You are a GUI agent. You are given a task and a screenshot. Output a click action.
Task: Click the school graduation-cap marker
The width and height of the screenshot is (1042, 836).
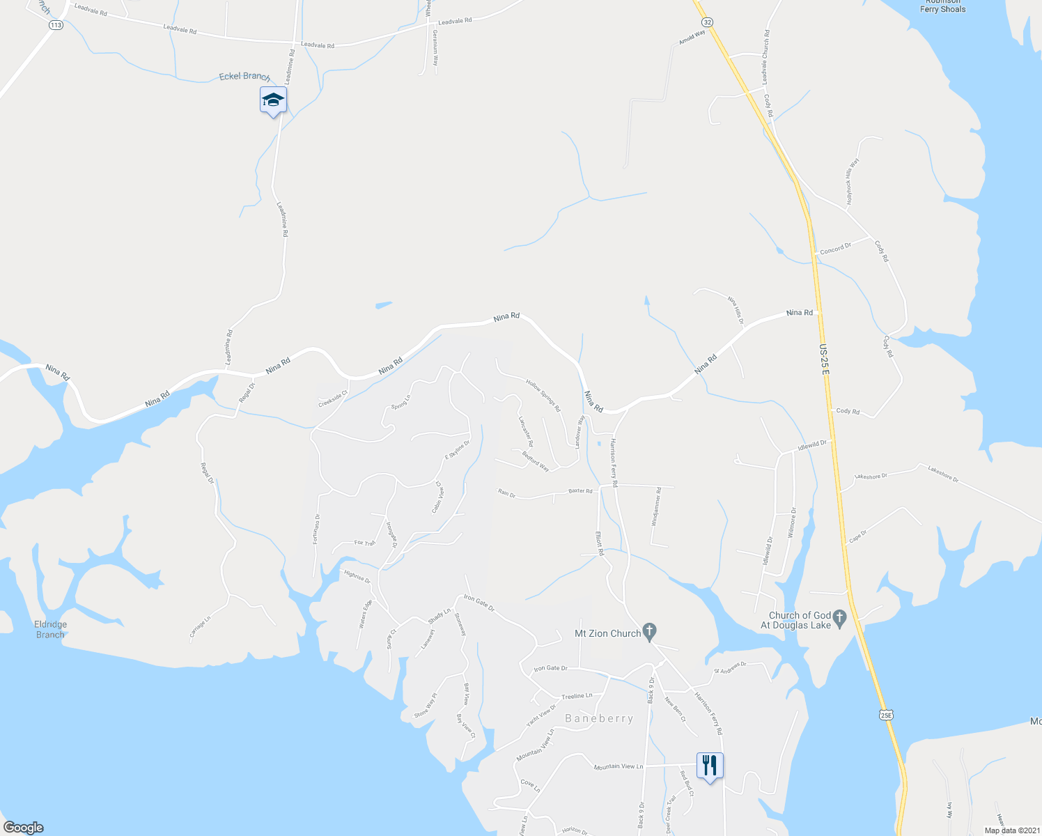coord(273,100)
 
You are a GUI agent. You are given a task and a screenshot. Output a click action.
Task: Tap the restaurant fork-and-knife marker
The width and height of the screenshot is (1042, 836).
coord(710,766)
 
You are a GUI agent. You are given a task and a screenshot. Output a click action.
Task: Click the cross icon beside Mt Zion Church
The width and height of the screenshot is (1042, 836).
coord(649,633)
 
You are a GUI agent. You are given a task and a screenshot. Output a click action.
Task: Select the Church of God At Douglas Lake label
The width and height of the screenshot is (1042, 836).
coord(800,620)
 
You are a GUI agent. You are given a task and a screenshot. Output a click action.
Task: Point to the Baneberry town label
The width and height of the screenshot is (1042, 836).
coord(599,718)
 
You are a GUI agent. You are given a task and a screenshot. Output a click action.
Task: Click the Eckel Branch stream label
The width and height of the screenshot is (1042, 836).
coord(244,76)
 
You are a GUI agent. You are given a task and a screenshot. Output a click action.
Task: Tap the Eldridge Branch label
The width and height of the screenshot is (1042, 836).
coord(50,630)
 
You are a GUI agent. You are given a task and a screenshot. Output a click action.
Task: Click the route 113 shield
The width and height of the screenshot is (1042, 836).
coord(56,25)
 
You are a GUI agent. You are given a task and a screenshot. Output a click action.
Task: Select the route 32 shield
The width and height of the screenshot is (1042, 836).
coord(707,22)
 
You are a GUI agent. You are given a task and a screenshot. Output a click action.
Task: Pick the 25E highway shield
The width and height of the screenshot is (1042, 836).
coord(885,715)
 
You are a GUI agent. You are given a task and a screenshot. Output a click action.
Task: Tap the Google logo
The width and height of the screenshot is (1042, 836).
coord(23,828)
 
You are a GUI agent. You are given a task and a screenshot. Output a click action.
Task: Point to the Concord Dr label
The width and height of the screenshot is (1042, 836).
coord(836,248)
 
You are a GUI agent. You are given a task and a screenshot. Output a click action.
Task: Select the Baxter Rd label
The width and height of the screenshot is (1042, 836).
coord(580,491)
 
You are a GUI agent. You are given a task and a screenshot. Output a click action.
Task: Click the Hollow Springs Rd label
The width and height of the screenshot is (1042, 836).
coord(543,396)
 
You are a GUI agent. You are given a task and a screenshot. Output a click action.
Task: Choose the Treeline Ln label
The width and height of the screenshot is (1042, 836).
coord(577,696)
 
